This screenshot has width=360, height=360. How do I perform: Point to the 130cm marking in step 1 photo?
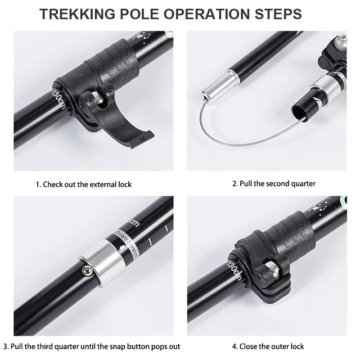58,97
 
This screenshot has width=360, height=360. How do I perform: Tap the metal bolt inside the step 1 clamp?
96,98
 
